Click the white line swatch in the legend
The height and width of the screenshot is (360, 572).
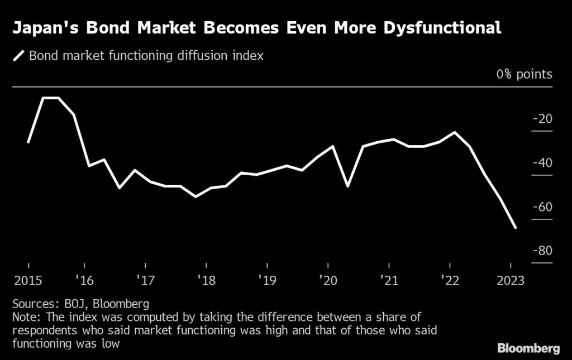(20, 56)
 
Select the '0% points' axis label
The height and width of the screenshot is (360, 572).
(523, 74)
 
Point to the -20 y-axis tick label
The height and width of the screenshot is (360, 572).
(542, 119)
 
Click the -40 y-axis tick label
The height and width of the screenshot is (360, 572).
(542, 163)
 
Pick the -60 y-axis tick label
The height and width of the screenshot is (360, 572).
(542, 207)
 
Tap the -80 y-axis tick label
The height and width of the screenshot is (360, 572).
(542, 251)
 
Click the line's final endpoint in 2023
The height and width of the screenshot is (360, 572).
(515, 228)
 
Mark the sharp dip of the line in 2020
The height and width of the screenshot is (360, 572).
(348, 186)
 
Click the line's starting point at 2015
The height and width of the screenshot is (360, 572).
(28, 142)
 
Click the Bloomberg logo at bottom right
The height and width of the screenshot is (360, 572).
(528, 349)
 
